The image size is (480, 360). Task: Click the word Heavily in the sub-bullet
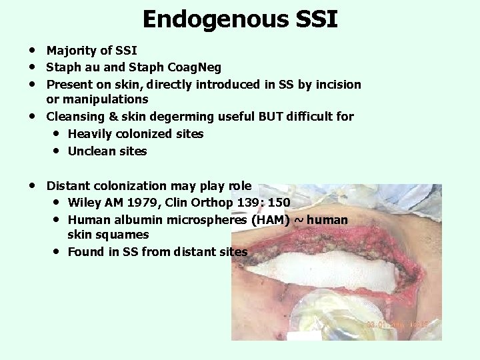[x=90, y=134]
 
